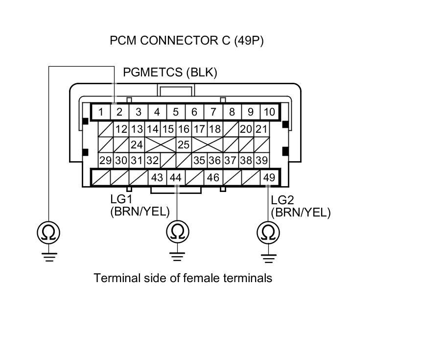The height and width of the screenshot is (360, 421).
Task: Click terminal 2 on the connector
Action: coord(119,112)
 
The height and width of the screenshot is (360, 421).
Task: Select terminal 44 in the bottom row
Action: coord(175,177)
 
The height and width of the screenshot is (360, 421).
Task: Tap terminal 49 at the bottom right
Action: coord(269,177)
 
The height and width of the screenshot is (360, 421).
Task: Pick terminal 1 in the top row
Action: coord(101,112)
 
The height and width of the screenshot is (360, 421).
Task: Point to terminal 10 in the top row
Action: coord(269,112)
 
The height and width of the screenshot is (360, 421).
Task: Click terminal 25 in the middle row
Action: coord(184,145)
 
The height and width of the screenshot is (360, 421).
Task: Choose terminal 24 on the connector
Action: coord(137,145)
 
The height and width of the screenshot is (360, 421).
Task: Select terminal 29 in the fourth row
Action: coord(105,160)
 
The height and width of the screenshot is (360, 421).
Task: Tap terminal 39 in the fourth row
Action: coord(262,160)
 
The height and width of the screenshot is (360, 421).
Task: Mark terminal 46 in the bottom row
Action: coord(213,177)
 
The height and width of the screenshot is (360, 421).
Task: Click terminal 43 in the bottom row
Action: coord(157,177)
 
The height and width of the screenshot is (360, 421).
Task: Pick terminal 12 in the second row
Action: coord(121,129)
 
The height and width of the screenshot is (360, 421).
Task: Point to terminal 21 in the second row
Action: coord(262,129)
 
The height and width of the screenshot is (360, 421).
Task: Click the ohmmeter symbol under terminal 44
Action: coord(176,232)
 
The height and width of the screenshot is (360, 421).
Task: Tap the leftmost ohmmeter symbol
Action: coord(48,232)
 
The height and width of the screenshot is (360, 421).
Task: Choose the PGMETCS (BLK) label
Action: coord(170,72)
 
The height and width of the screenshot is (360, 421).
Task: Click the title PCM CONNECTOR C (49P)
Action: coord(187,41)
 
